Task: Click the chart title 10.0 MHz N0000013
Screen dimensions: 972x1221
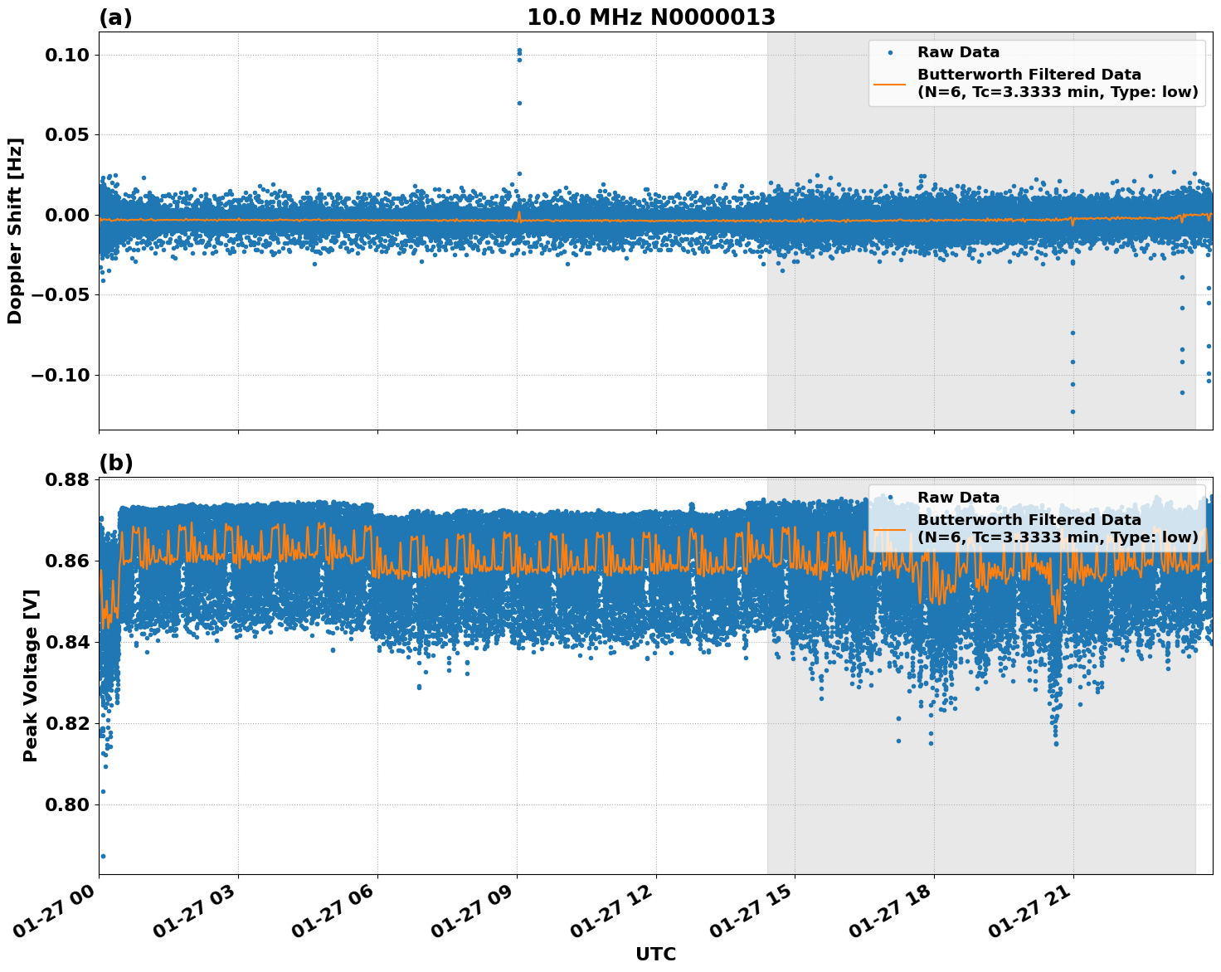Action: [x=651, y=17]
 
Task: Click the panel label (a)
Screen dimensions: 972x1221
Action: [x=115, y=17]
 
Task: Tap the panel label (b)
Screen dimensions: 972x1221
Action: [x=115, y=463]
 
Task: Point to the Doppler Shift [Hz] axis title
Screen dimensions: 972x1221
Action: [x=15, y=231]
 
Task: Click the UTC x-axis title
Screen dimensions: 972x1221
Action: [x=655, y=954]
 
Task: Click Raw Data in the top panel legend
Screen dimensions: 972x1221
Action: [x=958, y=52]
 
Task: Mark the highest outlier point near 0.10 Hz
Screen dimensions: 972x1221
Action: [x=519, y=51]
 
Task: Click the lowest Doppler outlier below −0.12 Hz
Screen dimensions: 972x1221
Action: [x=1073, y=411]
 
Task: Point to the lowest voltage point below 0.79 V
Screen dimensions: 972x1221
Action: [x=103, y=856]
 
